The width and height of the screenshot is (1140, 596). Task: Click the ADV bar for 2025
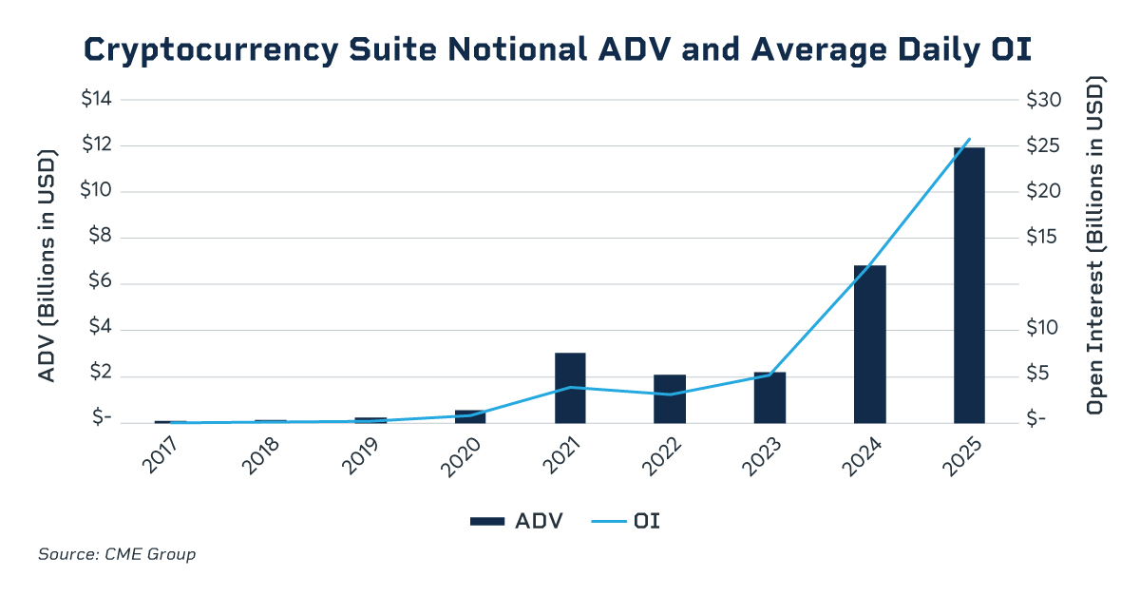click(x=969, y=285)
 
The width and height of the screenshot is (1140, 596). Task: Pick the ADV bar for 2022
click(x=670, y=399)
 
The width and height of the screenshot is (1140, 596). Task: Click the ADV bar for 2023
click(x=769, y=397)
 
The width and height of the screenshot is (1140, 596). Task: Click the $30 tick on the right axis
click(x=1046, y=100)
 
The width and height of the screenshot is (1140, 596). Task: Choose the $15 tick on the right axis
click(x=1044, y=238)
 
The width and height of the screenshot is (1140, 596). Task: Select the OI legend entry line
click(x=608, y=521)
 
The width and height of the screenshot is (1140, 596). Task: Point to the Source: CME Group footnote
click(x=117, y=554)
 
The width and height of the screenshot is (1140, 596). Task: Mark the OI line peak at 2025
click(x=969, y=139)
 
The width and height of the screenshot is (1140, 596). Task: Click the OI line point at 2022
click(x=670, y=394)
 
